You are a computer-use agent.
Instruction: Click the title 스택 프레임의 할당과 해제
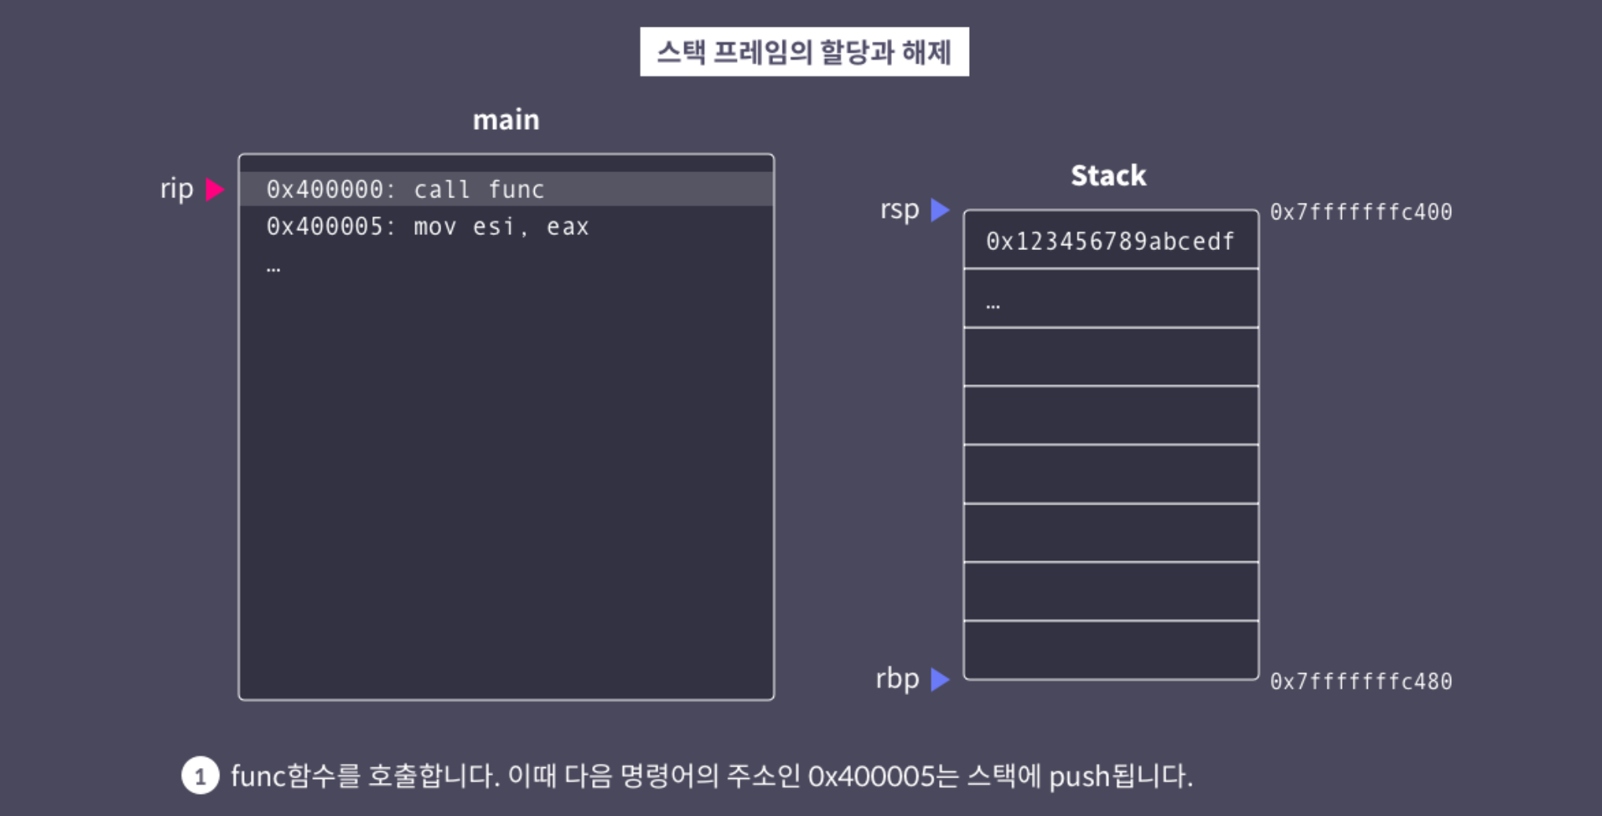click(804, 52)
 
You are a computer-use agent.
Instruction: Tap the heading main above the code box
click(506, 119)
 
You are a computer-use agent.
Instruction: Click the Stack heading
click(1108, 175)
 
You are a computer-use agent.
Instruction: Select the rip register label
click(176, 189)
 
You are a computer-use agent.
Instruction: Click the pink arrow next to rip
click(214, 189)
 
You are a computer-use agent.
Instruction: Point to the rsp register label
click(899, 209)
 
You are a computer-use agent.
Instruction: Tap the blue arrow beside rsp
click(939, 210)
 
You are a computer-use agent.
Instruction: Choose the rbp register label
click(897, 678)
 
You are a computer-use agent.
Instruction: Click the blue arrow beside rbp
click(939, 679)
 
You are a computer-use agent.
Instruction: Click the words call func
click(479, 189)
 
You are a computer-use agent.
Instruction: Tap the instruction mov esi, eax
click(501, 227)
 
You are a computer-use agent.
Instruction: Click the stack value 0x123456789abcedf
click(1110, 241)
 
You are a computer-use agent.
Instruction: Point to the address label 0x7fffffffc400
click(1361, 212)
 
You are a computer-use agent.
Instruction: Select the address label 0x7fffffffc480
click(1361, 682)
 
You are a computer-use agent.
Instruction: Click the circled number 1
click(200, 776)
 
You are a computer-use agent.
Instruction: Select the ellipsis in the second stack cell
click(993, 304)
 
